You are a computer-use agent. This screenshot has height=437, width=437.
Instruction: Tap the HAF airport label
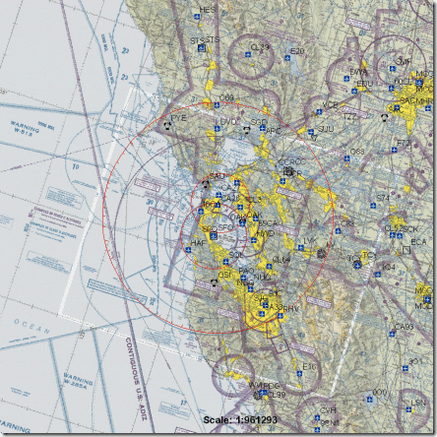tap(197, 241)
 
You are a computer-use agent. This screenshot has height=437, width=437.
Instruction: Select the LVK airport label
tap(310, 241)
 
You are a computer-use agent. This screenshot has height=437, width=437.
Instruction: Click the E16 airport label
tap(310, 367)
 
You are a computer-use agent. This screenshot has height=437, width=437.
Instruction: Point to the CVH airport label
tap(328, 410)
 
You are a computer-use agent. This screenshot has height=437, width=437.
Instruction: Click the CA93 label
tap(404, 328)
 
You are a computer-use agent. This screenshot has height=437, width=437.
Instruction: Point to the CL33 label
tap(260, 47)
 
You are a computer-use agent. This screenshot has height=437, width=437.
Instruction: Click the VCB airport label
tap(330, 105)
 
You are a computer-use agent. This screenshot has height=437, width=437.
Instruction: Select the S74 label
tap(383, 198)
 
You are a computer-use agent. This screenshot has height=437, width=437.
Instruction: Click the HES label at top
tap(207, 10)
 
